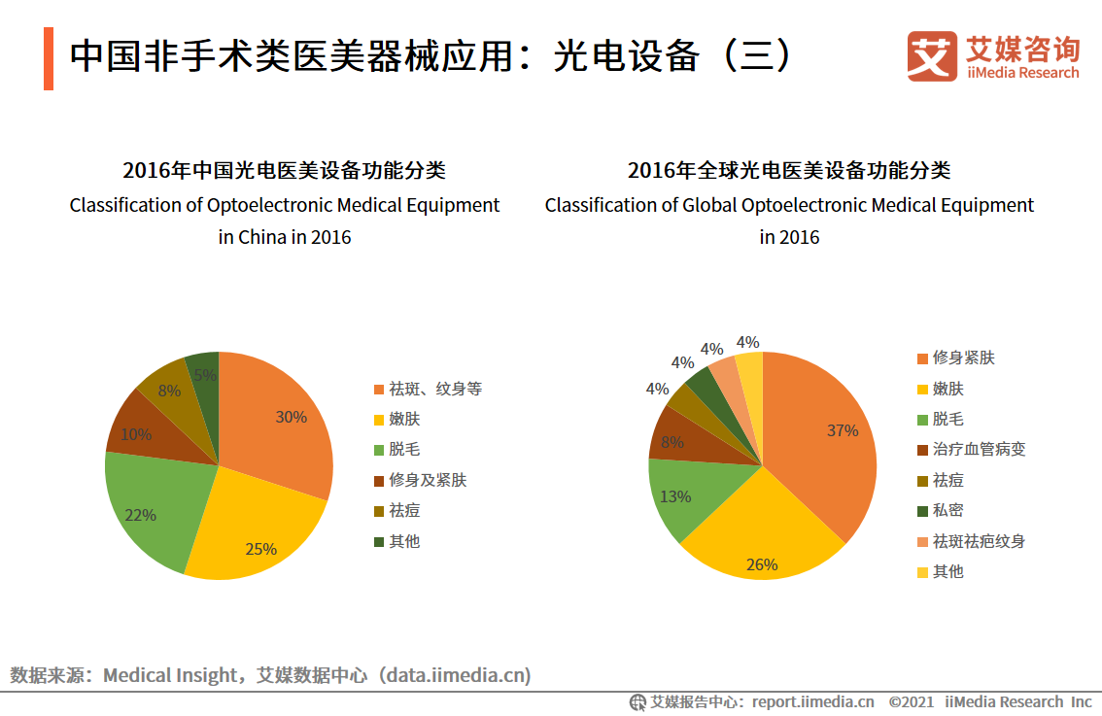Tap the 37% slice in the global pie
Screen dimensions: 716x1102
click(x=826, y=437)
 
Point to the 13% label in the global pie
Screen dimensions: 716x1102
click(x=675, y=496)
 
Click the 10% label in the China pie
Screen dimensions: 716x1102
click(x=136, y=434)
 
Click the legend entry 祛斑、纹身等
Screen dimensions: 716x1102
click(x=434, y=389)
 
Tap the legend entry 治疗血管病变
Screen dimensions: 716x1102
click(x=978, y=449)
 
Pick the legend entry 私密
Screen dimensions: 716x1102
click(x=947, y=510)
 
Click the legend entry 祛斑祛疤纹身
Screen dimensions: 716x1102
click(x=978, y=541)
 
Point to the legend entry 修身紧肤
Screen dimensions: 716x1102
click(x=963, y=358)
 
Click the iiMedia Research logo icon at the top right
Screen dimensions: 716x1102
click(x=931, y=57)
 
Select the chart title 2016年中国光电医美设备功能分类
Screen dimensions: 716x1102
click(x=284, y=171)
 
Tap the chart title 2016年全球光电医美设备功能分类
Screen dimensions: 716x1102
click(x=789, y=171)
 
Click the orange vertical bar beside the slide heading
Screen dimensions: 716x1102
click(x=49, y=59)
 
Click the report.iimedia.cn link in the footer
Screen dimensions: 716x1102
click(x=812, y=701)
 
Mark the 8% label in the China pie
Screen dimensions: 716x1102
click(x=169, y=391)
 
